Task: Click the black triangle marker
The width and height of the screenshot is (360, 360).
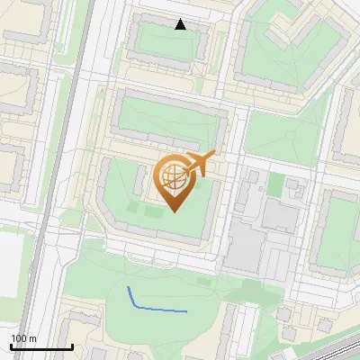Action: pyautogui.click(x=180, y=24)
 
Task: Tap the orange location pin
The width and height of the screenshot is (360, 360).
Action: pyautogui.click(x=175, y=181)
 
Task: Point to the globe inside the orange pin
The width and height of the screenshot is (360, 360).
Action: pyautogui.click(x=173, y=177)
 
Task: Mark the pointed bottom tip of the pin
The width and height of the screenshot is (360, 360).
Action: pyautogui.click(x=175, y=211)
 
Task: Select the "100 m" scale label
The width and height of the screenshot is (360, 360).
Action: pyautogui.click(x=23, y=338)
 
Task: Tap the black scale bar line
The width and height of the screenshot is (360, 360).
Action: pyautogui.click(x=41, y=346)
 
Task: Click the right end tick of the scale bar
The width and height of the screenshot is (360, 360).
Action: pyautogui.click(x=72, y=345)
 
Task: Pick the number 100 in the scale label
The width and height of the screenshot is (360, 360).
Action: pyautogui.click(x=19, y=338)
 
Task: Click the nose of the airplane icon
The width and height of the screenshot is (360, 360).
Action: pyautogui.click(x=212, y=157)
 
